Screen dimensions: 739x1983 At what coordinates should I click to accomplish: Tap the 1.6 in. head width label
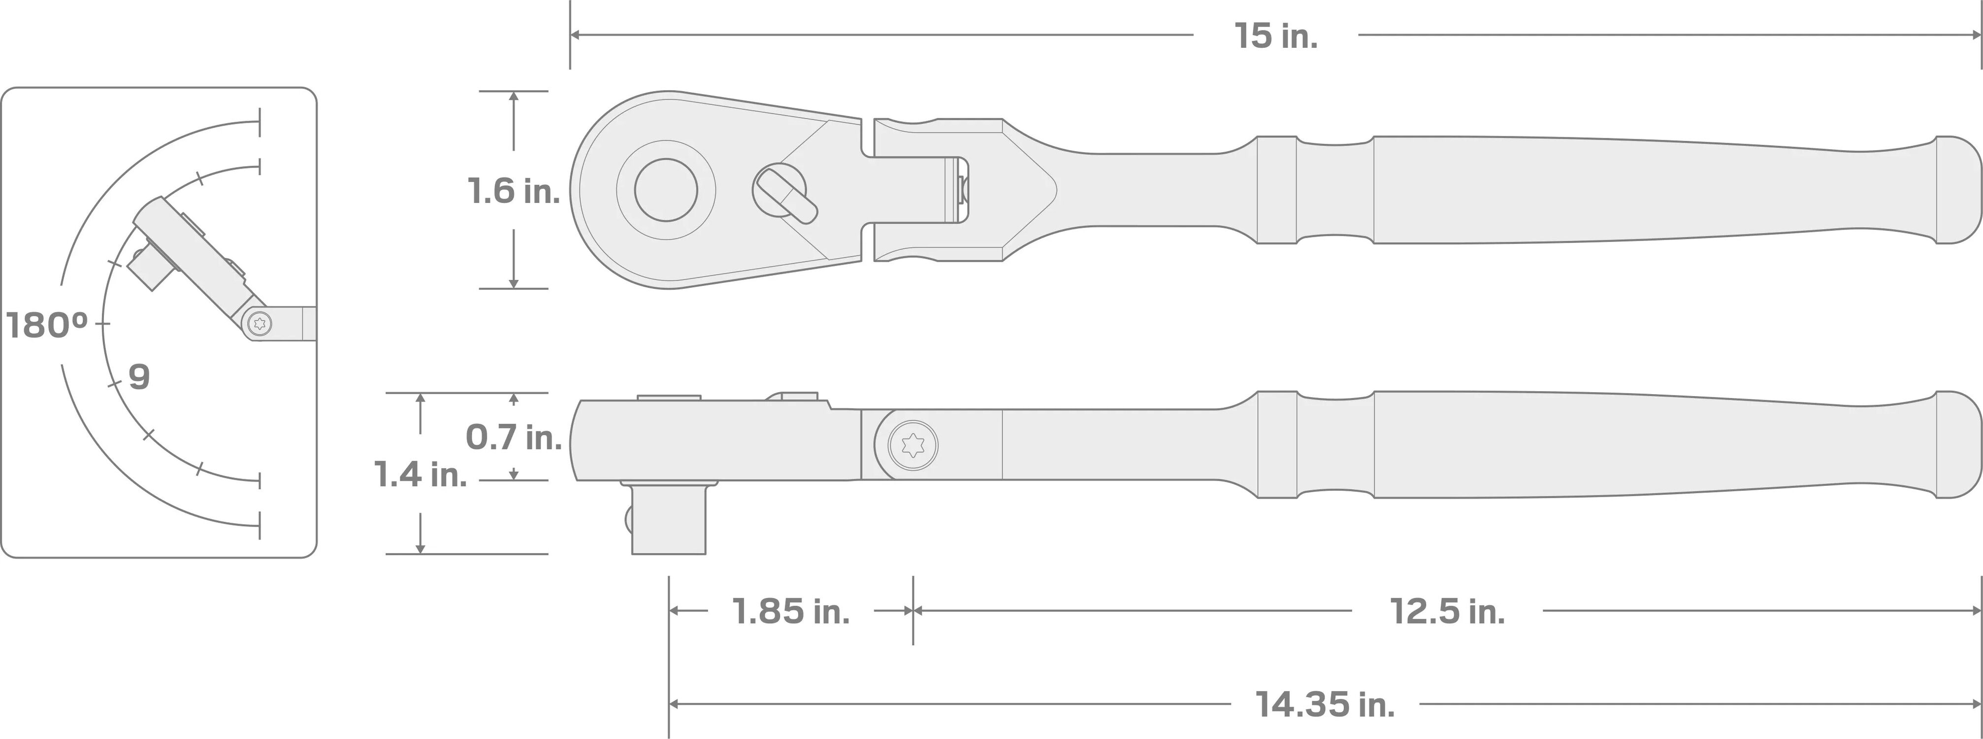514,191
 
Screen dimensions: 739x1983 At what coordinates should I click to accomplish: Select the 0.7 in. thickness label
514,437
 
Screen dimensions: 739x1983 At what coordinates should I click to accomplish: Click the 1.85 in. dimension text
790,611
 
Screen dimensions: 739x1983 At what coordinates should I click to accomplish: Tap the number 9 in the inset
138,377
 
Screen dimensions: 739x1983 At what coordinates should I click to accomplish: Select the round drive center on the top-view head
666,190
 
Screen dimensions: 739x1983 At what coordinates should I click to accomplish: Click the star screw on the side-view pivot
912,444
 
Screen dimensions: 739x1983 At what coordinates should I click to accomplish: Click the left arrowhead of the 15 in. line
574,34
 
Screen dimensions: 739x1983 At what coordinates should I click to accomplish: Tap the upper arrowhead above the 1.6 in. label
514,96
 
